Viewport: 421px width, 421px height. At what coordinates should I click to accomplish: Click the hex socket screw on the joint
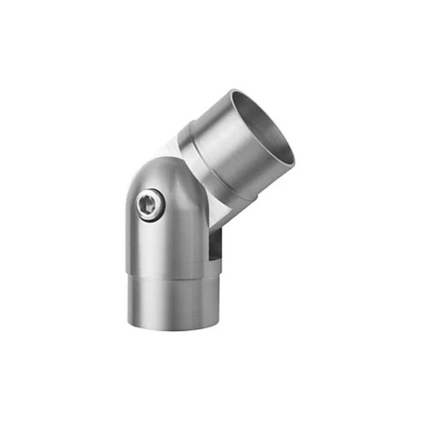tap(150, 205)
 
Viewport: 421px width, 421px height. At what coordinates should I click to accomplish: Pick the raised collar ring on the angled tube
tap(210, 165)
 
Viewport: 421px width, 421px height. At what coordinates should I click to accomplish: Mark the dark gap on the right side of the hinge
tap(214, 242)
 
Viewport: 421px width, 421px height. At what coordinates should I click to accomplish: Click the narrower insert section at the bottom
tap(172, 302)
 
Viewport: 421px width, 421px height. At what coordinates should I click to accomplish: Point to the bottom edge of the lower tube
tap(172, 328)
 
